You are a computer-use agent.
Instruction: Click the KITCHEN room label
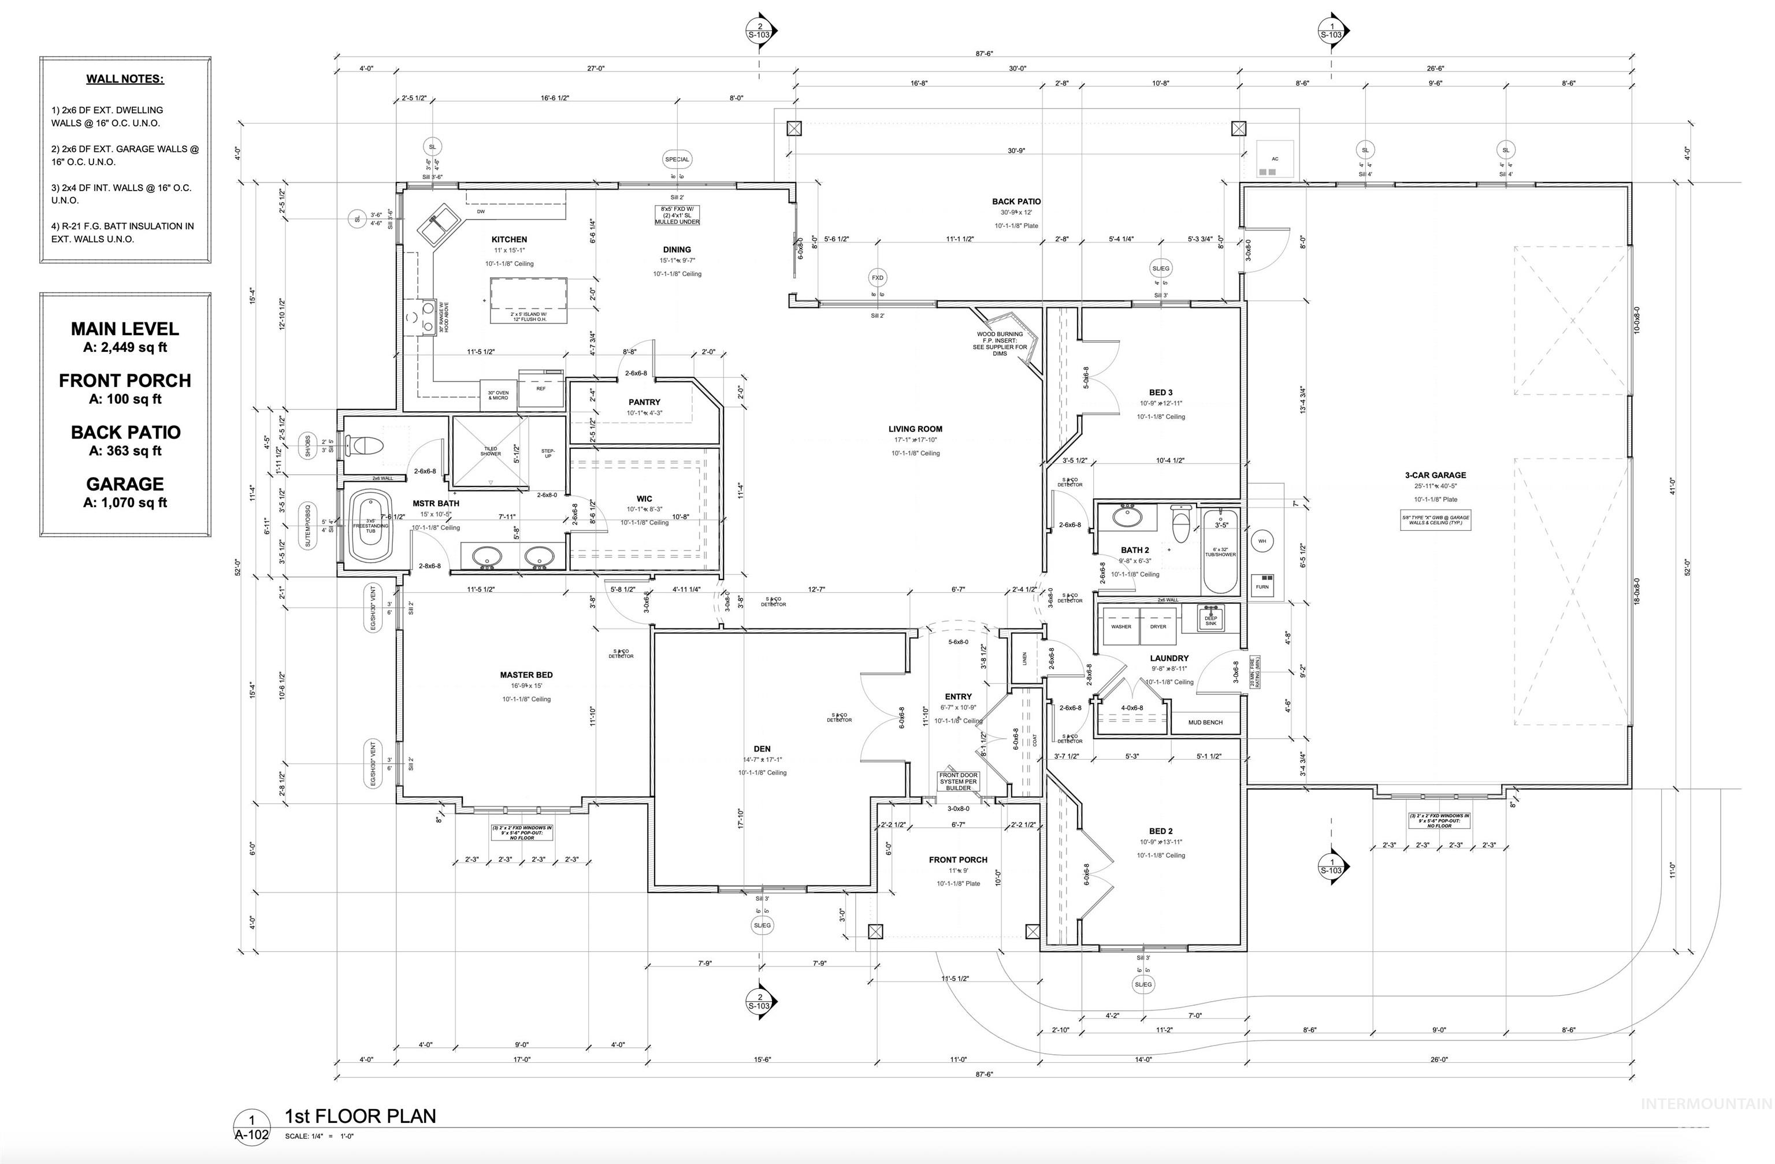[x=510, y=239]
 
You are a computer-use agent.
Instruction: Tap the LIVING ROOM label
[x=915, y=429]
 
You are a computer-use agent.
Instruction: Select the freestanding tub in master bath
[x=371, y=526]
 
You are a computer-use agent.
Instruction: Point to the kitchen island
[x=528, y=300]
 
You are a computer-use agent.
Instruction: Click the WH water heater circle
[x=1262, y=541]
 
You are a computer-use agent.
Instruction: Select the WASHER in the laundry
[x=1121, y=626]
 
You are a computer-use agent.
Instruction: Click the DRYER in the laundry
[x=1157, y=626]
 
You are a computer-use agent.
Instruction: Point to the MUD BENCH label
[x=1205, y=722]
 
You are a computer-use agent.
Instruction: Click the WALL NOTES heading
[x=125, y=79]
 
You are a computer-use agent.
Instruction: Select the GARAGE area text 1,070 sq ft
[x=125, y=503]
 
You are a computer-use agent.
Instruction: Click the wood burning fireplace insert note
[x=1000, y=343]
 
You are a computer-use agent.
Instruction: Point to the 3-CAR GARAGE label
[x=1435, y=475]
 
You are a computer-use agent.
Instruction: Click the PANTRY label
[x=644, y=402]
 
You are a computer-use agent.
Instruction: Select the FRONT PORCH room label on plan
[x=957, y=860]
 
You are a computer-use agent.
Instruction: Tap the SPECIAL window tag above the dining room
[x=677, y=159]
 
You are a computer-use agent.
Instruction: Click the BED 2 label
[x=1160, y=831]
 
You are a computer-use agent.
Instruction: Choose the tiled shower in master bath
[x=490, y=451]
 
